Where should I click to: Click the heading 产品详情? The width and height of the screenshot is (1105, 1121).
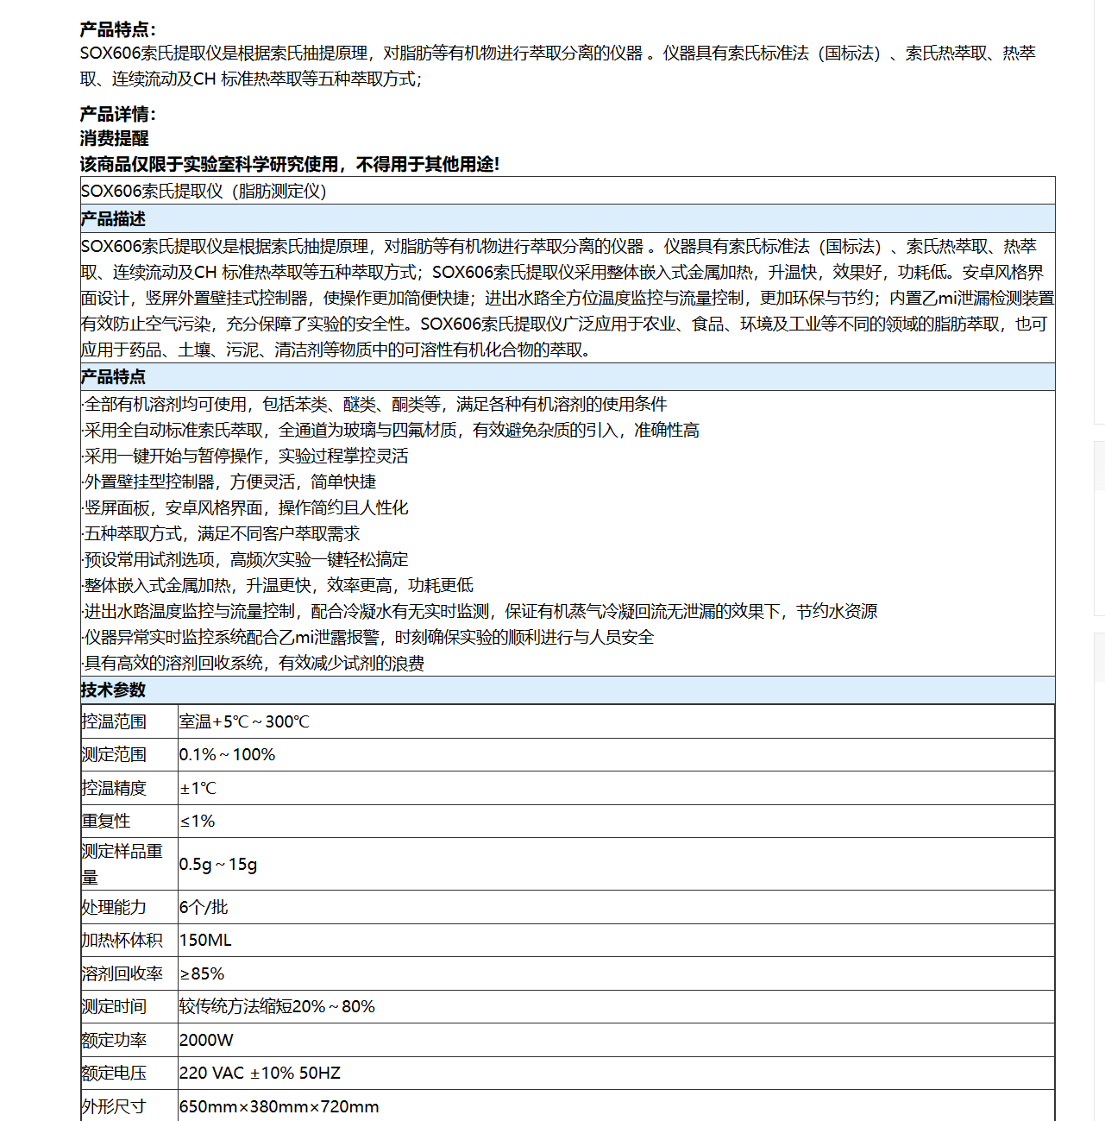pyautogui.click(x=118, y=114)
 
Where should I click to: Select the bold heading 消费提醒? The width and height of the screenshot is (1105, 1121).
pyautogui.click(x=115, y=138)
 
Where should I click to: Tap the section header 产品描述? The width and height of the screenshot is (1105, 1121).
pyautogui.click(x=113, y=218)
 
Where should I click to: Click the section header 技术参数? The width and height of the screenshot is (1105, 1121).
pyautogui.click(x=113, y=690)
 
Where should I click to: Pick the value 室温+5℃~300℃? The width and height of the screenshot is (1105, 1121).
pyautogui.click(x=244, y=721)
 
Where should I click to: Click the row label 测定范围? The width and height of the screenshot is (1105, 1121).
pyautogui.click(x=114, y=754)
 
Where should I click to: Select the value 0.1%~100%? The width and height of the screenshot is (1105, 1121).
pyautogui.click(x=227, y=754)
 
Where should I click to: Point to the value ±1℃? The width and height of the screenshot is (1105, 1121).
pyautogui.click(x=198, y=788)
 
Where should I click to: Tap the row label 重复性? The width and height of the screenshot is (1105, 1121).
pyautogui.click(x=106, y=821)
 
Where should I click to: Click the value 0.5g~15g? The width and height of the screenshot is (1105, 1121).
pyautogui.click(x=218, y=864)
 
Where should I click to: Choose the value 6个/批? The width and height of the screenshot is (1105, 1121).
pyautogui.click(x=204, y=907)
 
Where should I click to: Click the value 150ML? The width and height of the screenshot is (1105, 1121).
pyautogui.click(x=205, y=940)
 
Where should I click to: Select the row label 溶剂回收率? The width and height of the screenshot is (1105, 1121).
pyautogui.click(x=122, y=973)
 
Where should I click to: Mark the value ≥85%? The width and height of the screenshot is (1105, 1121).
pyautogui.click(x=202, y=973)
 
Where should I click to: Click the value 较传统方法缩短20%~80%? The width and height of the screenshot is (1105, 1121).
pyautogui.click(x=277, y=1006)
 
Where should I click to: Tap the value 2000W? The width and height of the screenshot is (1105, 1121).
pyautogui.click(x=206, y=1040)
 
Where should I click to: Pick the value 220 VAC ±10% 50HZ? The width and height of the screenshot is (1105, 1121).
pyautogui.click(x=260, y=1073)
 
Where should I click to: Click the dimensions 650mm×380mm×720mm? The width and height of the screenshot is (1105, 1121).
pyautogui.click(x=279, y=1106)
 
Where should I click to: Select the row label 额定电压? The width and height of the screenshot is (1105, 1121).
pyautogui.click(x=114, y=1073)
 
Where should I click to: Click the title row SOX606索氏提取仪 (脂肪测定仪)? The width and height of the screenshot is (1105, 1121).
pyautogui.click(x=204, y=191)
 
